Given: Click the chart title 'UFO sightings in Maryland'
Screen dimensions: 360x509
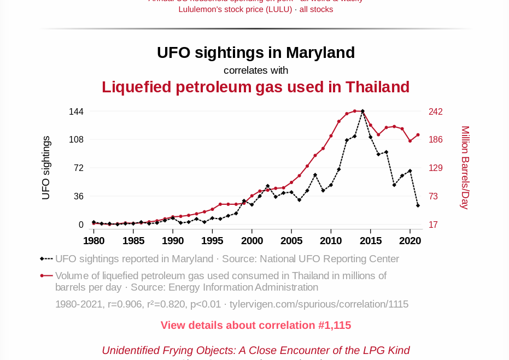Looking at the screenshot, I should (x=255, y=52).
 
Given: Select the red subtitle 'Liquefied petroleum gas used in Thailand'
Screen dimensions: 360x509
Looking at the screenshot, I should (x=255, y=87).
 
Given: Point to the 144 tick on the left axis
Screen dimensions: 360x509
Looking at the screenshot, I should (x=76, y=112).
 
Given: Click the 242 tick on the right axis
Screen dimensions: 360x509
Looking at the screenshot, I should (x=436, y=112).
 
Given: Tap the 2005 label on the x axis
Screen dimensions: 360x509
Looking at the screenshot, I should (x=291, y=240).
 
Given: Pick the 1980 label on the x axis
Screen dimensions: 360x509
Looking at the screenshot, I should (x=93, y=240).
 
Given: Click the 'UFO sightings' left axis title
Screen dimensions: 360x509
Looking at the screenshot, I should (x=46, y=168).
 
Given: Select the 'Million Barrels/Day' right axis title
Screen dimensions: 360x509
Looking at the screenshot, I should (x=465, y=168).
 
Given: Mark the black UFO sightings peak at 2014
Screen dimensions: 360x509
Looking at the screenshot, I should (x=362, y=111).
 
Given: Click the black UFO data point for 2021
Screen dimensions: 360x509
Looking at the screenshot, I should (x=418, y=205).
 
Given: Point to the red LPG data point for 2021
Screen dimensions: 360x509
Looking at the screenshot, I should (x=418, y=134).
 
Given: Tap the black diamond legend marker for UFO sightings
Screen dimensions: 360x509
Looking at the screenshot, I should (x=42, y=259).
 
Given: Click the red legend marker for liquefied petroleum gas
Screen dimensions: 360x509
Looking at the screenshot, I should (x=42, y=276).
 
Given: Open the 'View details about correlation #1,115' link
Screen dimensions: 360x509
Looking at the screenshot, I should (x=255, y=326).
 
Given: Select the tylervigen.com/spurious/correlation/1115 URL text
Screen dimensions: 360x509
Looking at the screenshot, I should (x=319, y=304).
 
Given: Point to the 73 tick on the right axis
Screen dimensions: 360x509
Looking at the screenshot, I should (x=436, y=196).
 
